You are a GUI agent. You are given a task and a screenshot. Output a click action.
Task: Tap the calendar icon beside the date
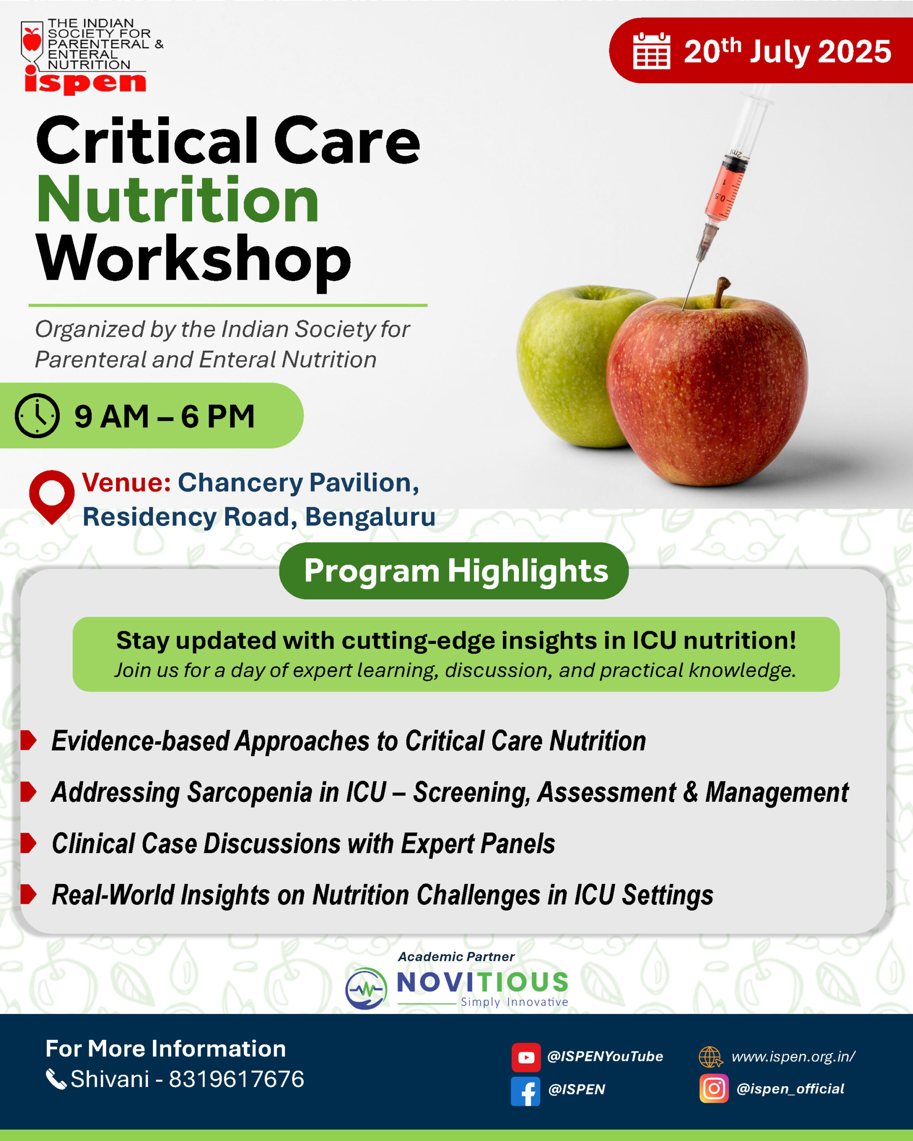point(652,51)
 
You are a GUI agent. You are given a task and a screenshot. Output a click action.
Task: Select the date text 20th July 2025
point(788,51)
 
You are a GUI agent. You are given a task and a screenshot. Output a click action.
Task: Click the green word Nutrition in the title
point(178,200)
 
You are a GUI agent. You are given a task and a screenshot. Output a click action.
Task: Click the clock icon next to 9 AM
point(37,415)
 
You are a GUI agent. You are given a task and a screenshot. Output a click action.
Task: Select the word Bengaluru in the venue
point(370,517)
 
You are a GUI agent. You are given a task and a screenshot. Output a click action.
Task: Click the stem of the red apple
point(721,293)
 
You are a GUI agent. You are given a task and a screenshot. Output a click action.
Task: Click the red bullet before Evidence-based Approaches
point(28,740)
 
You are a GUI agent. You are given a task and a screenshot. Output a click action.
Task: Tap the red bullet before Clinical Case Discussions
point(28,843)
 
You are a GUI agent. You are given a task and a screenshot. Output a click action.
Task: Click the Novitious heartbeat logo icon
point(366,989)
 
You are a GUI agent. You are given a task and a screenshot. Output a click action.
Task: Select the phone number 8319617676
point(237,1079)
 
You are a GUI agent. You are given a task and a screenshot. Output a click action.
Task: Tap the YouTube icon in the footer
point(526,1057)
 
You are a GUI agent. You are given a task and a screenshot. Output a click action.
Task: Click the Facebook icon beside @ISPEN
point(526,1091)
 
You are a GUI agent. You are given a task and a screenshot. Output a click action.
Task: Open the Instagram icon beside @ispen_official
point(714,1088)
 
